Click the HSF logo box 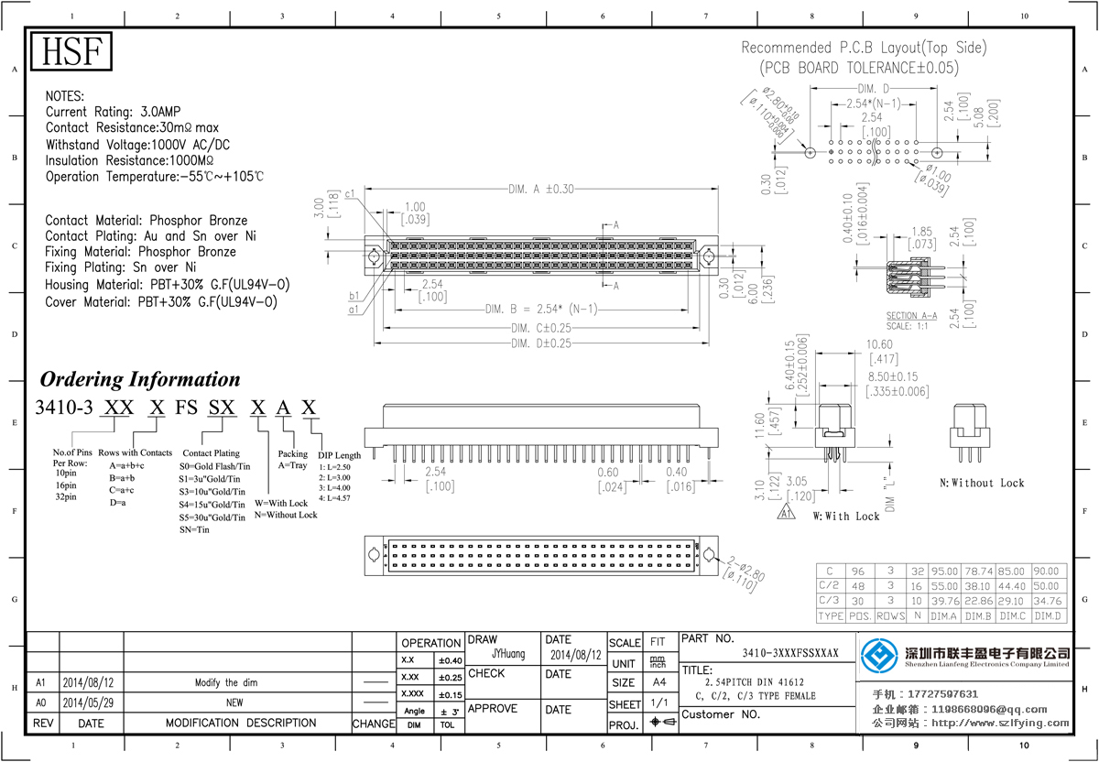point(72,52)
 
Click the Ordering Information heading point(139,379)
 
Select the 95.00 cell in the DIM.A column point(943,571)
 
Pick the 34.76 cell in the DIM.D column point(1049,601)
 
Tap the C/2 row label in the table point(829,586)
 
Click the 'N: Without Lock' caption point(982,483)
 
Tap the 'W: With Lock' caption point(846,517)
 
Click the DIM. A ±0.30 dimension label point(541,190)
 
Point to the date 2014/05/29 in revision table point(89,702)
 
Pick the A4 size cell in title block point(658,682)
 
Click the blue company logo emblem point(880,656)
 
